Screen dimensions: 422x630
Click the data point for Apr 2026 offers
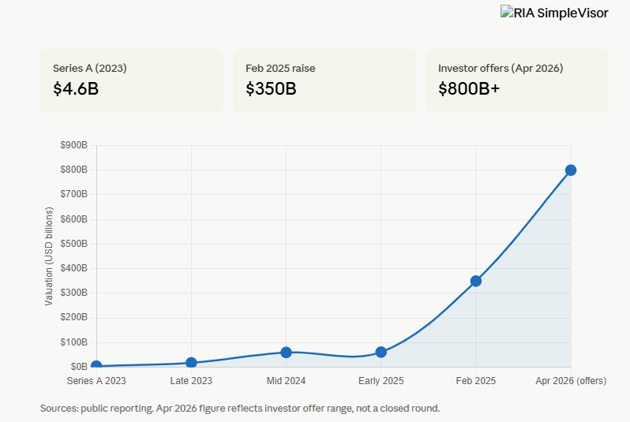click(570, 170)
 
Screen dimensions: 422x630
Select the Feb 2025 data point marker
click(475, 281)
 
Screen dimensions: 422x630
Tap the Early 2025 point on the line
click(381, 352)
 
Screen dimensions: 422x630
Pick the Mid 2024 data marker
click(286, 352)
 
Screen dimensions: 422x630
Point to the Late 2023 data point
click(191, 363)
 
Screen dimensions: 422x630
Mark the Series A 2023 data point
click(96, 366)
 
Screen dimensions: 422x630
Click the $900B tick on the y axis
click(74, 145)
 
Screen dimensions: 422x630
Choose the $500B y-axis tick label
click(74, 244)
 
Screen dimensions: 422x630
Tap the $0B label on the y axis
click(79, 367)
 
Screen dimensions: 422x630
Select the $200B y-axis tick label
click(74, 318)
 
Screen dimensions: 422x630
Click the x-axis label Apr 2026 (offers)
click(570, 381)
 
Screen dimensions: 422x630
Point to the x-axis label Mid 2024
click(286, 381)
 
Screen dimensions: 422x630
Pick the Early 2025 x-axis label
click(381, 381)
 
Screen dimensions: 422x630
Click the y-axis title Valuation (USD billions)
click(49, 256)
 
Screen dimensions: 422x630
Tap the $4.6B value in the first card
click(76, 88)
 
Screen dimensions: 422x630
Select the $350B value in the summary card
click(271, 88)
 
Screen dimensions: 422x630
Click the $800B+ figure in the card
click(469, 88)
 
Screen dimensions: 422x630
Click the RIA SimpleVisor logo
click(554, 13)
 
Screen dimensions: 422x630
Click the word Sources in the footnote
click(59, 409)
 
